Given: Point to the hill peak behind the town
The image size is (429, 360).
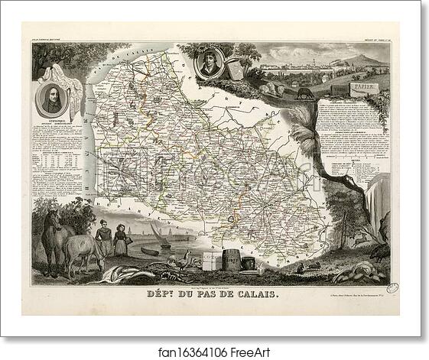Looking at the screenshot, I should (x=359, y=55).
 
